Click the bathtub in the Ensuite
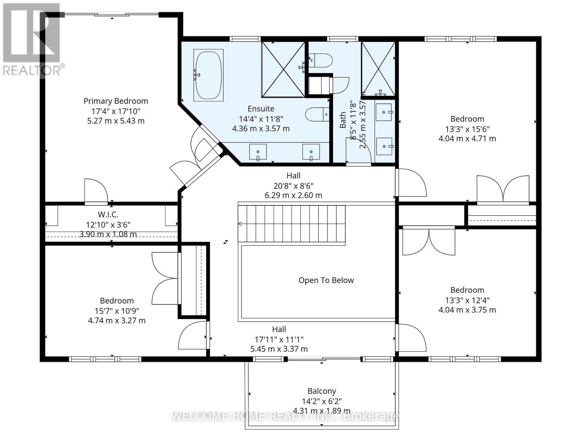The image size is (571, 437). click(x=208, y=75)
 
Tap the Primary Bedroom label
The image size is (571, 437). click(x=116, y=101)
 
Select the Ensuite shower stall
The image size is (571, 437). click(x=283, y=70)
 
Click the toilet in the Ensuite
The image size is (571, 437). click(x=317, y=114)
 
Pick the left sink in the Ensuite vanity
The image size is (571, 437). click(x=258, y=152)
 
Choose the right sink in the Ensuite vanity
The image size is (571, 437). click(x=311, y=152)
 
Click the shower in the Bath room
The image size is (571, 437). click(x=378, y=69)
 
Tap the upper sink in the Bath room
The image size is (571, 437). click(x=384, y=112)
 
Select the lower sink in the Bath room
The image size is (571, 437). click(x=384, y=146)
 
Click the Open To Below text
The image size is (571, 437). click(x=326, y=280)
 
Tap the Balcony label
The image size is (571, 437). click(x=322, y=391)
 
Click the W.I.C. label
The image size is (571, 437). click(x=108, y=215)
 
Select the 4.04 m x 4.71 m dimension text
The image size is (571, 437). click(x=467, y=139)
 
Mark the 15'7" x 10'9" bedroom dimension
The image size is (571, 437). click(x=117, y=311)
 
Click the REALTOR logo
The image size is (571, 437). click(x=32, y=40)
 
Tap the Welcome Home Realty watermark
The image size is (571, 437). click(x=285, y=416)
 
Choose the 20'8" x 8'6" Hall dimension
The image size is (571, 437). click(x=293, y=185)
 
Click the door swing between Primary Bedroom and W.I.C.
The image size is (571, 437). click(x=95, y=190)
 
